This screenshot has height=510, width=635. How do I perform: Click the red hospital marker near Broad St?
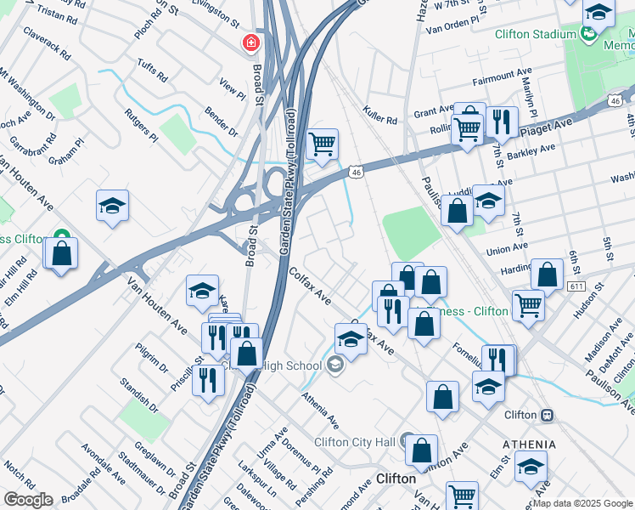coord(250,42)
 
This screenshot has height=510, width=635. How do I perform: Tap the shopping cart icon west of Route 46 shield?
coord(322,145)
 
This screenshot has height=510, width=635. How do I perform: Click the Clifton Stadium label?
coord(536,34)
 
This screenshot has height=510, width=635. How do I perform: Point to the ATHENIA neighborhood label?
coord(529,445)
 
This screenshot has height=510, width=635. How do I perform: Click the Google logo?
coord(28,500)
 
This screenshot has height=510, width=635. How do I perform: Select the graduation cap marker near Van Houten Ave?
coord(202,292)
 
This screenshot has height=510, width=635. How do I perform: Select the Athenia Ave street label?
coord(320,410)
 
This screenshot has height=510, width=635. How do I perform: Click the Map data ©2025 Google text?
coord(582,503)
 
